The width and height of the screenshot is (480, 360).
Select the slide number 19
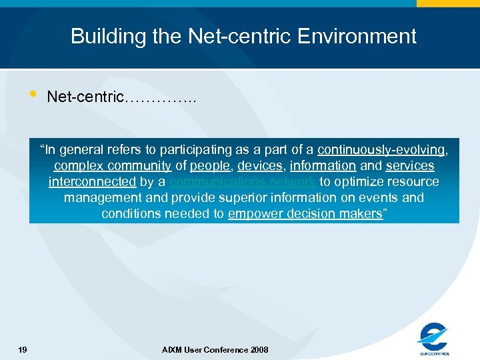tap(23, 350)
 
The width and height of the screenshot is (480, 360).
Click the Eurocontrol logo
tap(434, 339)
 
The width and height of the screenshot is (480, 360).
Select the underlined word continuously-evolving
tap(381, 150)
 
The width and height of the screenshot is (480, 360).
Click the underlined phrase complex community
tap(113, 166)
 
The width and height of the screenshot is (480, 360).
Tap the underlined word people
tap(210, 166)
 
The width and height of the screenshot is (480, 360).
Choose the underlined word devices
tap(259, 166)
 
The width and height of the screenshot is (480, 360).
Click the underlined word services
tap(409, 166)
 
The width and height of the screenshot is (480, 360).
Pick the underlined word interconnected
tap(92, 182)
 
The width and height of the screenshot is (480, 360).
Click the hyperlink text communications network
tap(243, 182)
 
